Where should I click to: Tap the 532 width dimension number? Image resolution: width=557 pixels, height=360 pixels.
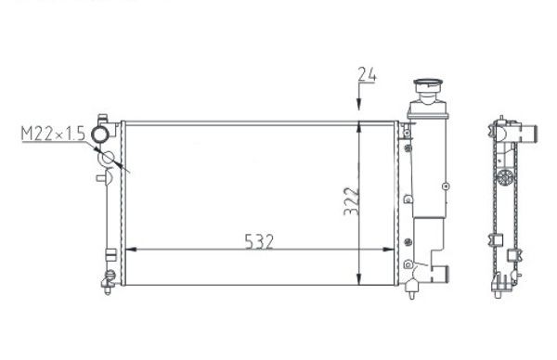[260, 240]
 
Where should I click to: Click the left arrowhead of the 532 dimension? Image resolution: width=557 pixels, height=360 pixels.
[130, 251]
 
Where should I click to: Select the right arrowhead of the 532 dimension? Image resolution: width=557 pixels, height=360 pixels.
[393, 251]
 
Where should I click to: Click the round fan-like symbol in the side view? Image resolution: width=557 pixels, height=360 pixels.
[504, 177]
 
